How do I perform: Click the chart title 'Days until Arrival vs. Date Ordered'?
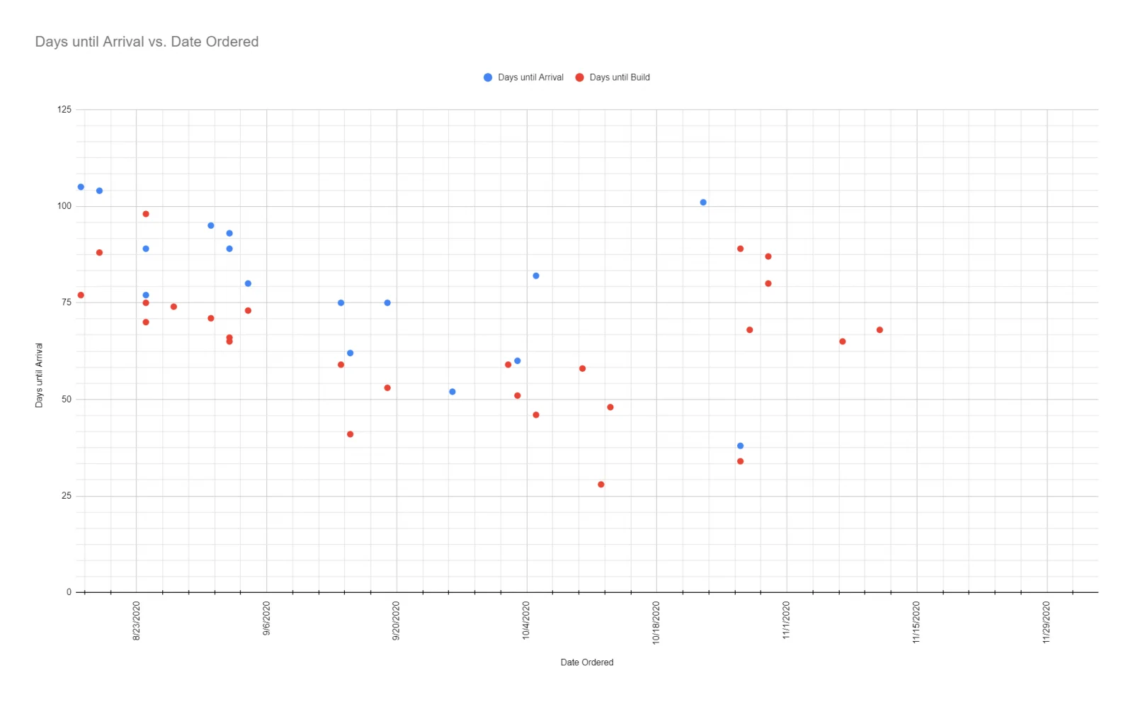click(147, 42)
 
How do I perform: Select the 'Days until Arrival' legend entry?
click(523, 77)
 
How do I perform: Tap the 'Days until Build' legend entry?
click(613, 77)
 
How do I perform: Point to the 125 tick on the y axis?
click(64, 109)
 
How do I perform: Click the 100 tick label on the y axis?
click(64, 206)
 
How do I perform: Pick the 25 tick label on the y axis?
click(67, 495)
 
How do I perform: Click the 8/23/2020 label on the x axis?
click(136, 621)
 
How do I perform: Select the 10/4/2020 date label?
click(526, 620)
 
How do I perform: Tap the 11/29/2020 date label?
click(1047, 622)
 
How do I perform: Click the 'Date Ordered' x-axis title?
click(587, 662)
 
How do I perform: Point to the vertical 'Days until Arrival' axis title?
click(39, 375)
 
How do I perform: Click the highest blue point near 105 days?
click(81, 187)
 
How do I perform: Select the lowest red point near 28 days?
click(601, 485)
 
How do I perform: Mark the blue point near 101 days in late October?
click(703, 203)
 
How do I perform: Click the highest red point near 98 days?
click(146, 214)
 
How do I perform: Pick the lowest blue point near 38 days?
click(741, 446)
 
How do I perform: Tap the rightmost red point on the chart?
click(879, 330)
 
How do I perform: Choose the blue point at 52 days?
click(452, 392)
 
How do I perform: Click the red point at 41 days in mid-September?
click(350, 434)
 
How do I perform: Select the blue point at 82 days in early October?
click(536, 276)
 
